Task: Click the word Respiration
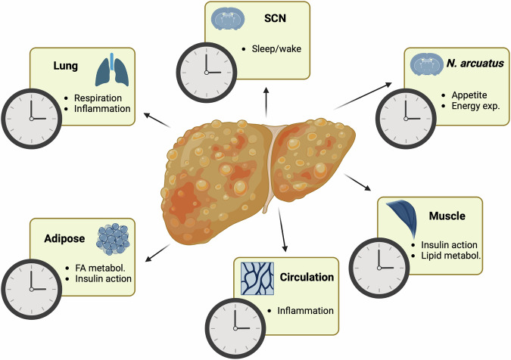[95, 98]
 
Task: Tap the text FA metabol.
[95, 266]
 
